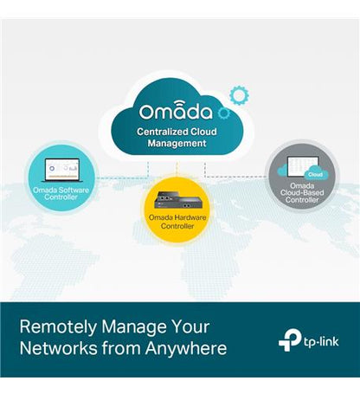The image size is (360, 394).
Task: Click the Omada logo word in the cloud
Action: click(176, 111)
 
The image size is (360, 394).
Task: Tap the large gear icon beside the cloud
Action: click(239, 95)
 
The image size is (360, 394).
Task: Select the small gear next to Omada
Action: click(224, 113)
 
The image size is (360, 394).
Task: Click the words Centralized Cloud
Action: click(177, 132)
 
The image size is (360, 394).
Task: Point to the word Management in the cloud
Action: click(177, 144)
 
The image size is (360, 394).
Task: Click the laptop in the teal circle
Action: click(61, 170)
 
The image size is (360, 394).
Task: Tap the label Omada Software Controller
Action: click(61, 194)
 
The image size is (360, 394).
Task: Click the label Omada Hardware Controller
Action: click(177, 222)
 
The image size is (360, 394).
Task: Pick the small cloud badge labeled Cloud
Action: click(316, 174)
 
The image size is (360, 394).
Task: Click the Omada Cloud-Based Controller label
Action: click(302, 193)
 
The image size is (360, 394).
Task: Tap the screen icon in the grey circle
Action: click(303, 167)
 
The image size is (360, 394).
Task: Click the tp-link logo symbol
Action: click(290, 341)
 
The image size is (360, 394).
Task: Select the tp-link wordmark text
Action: click(321, 342)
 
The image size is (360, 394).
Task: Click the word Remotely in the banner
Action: click(58, 327)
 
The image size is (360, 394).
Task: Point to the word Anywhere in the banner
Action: click(186, 348)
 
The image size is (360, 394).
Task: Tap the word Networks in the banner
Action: click(59, 348)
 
